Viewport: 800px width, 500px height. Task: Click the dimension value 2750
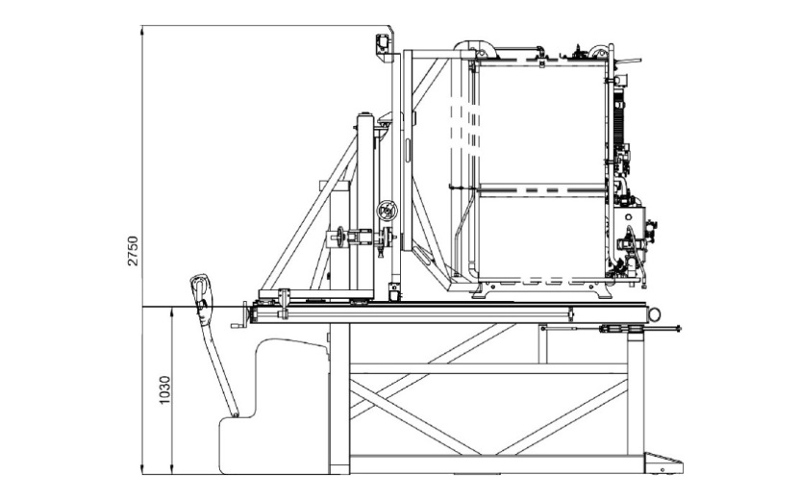[133, 251]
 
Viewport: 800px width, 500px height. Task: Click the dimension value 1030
[164, 390]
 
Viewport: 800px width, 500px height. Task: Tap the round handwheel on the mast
[387, 211]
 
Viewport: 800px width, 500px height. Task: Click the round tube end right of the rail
[654, 314]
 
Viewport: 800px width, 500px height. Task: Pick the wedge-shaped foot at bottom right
[662, 463]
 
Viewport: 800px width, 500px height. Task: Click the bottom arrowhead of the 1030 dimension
[172, 469]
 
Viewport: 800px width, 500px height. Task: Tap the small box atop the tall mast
[383, 43]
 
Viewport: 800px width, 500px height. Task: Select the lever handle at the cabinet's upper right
[628, 62]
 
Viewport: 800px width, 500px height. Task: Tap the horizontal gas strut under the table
[611, 329]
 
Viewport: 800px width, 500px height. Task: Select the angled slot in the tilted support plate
[423, 255]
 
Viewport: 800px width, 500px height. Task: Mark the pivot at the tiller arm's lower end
[236, 414]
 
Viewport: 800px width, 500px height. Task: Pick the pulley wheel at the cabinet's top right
[597, 53]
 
